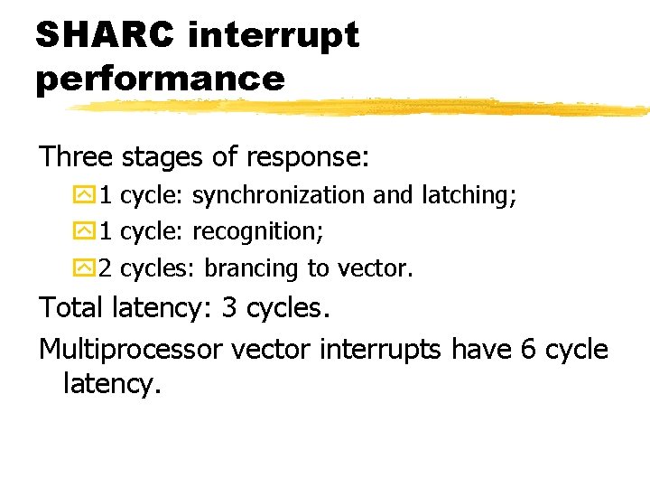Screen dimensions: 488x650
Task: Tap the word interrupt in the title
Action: (274, 37)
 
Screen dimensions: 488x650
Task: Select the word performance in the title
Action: (160, 79)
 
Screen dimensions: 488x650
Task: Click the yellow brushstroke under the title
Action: (361, 108)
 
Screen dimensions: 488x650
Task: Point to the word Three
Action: (76, 157)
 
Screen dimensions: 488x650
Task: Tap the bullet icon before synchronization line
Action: (83, 194)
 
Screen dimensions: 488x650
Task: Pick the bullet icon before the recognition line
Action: (83, 231)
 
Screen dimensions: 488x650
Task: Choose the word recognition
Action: (257, 232)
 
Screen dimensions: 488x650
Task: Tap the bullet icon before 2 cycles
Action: (83, 268)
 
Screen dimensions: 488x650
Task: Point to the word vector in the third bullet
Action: (374, 268)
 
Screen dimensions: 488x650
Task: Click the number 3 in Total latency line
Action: (229, 308)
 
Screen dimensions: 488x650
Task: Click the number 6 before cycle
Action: (530, 349)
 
